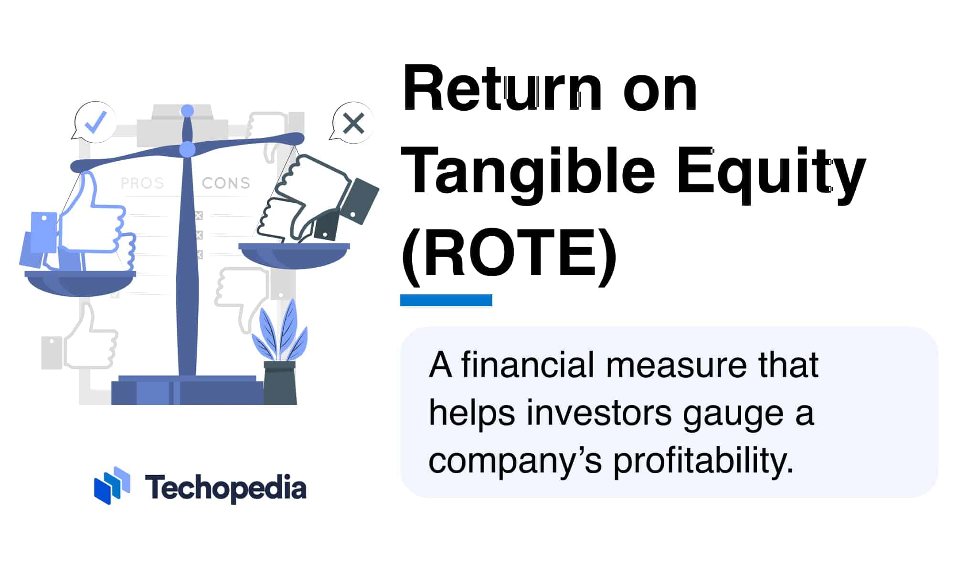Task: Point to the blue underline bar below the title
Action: pos(446,300)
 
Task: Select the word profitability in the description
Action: pos(703,460)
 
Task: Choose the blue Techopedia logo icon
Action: pos(112,485)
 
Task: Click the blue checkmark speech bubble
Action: pos(95,122)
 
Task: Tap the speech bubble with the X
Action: pos(352,123)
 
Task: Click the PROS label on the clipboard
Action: pos(142,183)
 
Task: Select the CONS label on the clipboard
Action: pos(226,183)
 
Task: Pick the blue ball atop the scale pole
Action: pos(188,111)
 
